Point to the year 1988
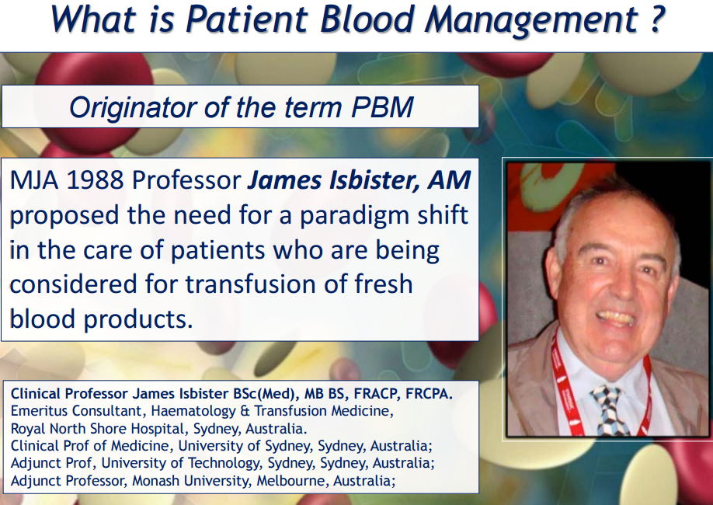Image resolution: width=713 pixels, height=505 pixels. pyautogui.click(x=95, y=180)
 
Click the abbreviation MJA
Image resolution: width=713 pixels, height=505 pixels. pyautogui.click(x=34, y=180)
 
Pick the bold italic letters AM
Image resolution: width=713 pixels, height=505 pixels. pyautogui.click(x=449, y=180)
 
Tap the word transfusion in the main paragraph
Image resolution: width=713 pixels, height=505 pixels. pyautogui.click(x=251, y=284)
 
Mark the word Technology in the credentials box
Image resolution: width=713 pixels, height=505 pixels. pyautogui.click(x=224, y=463)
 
